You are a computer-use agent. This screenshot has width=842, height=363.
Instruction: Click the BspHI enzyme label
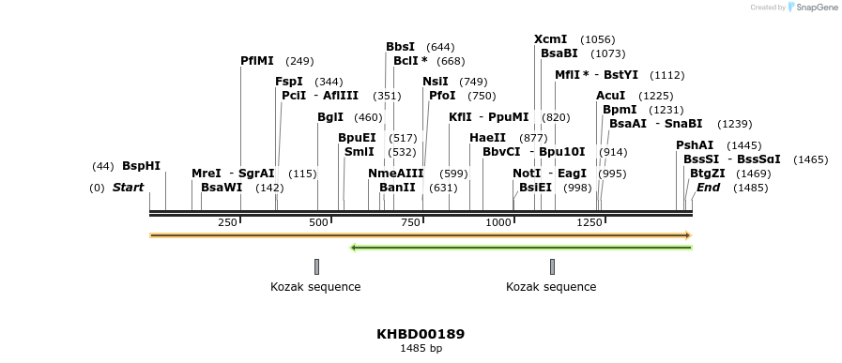click(141, 166)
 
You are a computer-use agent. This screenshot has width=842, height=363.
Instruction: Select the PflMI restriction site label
click(257, 61)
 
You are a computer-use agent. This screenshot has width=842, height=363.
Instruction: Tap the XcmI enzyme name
click(550, 39)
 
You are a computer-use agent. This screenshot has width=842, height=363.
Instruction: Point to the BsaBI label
click(559, 53)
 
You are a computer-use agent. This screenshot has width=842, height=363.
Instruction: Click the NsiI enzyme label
click(435, 82)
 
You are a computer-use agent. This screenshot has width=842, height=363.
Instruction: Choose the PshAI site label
click(695, 145)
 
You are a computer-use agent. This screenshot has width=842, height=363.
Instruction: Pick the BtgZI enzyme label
click(708, 174)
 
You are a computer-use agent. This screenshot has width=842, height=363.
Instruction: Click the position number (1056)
click(598, 39)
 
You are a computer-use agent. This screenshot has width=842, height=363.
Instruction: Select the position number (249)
click(299, 61)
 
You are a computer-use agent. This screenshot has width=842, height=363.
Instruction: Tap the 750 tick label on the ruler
click(410, 222)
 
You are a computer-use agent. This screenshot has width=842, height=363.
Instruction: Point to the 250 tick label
click(227, 222)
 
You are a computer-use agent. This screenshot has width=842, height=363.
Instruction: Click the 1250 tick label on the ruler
click(589, 222)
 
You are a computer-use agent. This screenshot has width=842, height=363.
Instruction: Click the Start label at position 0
click(128, 188)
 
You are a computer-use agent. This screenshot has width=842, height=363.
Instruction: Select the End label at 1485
click(708, 188)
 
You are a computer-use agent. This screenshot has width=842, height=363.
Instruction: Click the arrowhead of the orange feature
click(688, 235)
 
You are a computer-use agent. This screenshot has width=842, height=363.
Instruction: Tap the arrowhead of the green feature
click(354, 248)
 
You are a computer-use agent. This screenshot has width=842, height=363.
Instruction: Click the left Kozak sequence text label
click(315, 287)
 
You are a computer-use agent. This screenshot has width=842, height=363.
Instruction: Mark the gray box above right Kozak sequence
click(552, 266)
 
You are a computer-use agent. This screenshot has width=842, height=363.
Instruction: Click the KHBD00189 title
click(421, 334)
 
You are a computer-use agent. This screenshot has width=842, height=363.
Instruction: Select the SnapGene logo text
click(817, 8)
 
